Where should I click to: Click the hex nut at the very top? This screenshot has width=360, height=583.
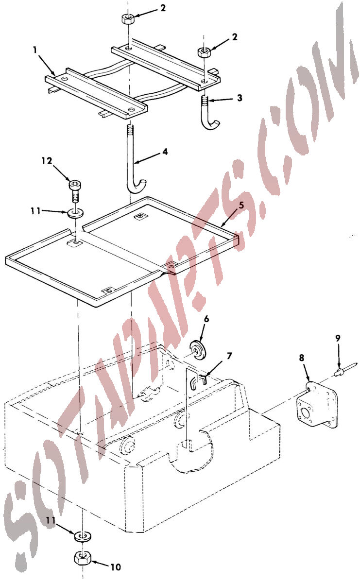(128, 19)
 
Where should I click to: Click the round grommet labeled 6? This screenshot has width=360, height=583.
(198, 349)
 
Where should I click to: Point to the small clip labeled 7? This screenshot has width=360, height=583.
(198, 380)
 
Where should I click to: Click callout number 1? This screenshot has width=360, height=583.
(35, 50)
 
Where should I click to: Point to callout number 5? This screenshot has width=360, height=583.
(241, 205)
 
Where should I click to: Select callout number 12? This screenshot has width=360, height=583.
(47, 161)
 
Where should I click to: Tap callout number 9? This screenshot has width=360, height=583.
(338, 338)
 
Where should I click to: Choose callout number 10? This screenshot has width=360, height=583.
(116, 567)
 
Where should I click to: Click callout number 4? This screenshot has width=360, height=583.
(165, 152)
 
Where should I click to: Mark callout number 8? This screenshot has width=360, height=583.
(301, 358)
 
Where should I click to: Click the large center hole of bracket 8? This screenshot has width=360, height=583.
(305, 413)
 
